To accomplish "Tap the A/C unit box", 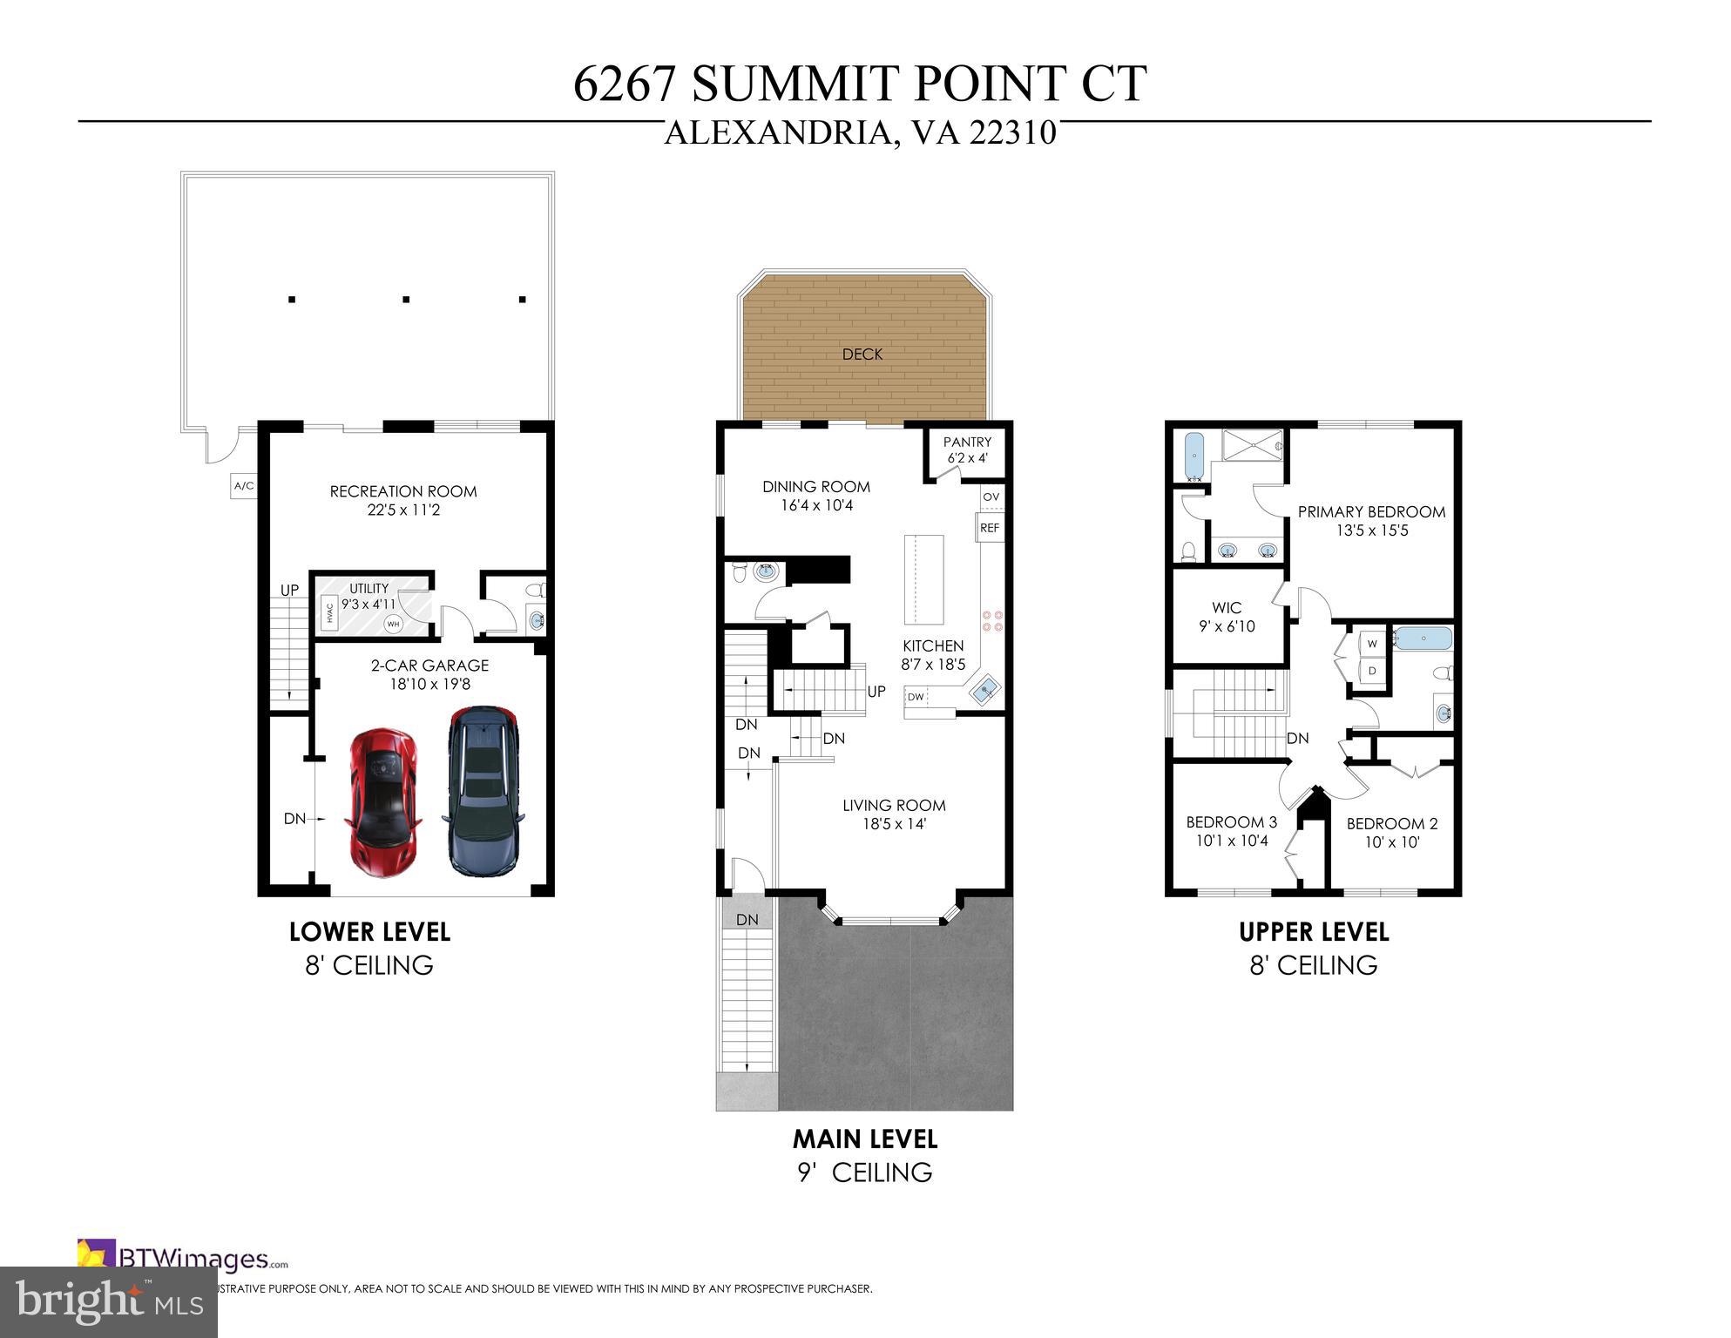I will pyautogui.click(x=244, y=486).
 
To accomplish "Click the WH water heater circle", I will pyautogui.click(x=393, y=624).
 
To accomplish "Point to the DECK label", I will pyautogui.click(x=862, y=355).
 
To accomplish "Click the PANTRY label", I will pyautogui.click(x=967, y=443).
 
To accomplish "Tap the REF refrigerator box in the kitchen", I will pyautogui.click(x=990, y=528).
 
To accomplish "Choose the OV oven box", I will pyautogui.click(x=991, y=497).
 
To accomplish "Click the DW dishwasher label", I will pyautogui.click(x=916, y=697).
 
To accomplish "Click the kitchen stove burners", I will pyautogui.click(x=992, y=619).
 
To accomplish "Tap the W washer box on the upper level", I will pyautogui.click(x=1373, y=645).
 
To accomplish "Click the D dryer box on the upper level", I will pyautogui.click(x=1373, y=672).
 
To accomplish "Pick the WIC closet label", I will pyautogui.click(x=1227, y=608).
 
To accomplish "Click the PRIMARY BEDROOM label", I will pyautogui.click(x=1371, y=512).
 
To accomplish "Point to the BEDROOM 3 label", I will pyautogui.click(x=1231, y=822).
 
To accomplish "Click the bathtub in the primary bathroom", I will pyautogui.click(x=1194, y=456).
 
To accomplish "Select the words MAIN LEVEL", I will pyautogui.click(x=864, y=1139).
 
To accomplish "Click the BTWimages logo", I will pyautogui.click(x=183, y=1258).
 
